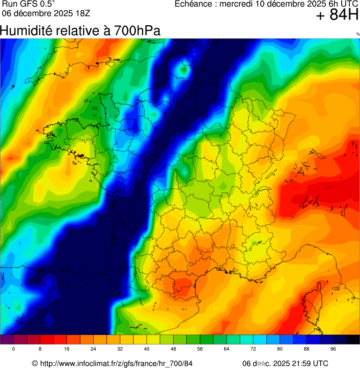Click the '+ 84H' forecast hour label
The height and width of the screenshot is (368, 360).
click(x=337, y=15)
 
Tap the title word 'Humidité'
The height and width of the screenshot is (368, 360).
click(x=25, y=31)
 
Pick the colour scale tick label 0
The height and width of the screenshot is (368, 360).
click(x=14, y=349)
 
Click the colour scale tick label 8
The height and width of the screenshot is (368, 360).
click(x=40, y=349)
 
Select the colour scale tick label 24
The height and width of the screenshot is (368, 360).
click(x=93, y=349)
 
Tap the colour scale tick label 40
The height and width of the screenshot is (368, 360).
click(x=147, y=349)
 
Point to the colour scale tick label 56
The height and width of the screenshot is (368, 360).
click(x=200, y=349)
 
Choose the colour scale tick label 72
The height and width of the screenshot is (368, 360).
click(x=253, y=349)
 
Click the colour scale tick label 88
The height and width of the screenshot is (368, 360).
click(x=307, y=349)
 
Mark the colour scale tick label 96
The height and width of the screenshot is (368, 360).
click(x=333, y=349)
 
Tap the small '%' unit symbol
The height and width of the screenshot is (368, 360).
click(x=358, y=34)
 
